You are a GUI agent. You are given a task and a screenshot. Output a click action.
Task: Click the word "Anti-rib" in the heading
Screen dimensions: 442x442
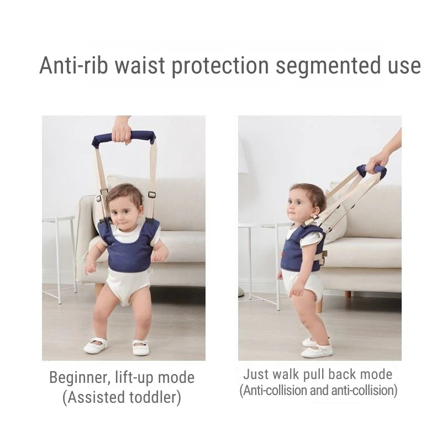tap(73, 66)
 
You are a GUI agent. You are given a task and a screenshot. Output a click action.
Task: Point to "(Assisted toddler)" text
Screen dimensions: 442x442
tap(122, 397)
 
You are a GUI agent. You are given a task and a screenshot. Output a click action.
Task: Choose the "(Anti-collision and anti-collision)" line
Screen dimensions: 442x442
tap(318, 391)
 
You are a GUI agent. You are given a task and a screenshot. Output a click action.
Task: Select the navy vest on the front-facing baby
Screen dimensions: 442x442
tap(129, 249)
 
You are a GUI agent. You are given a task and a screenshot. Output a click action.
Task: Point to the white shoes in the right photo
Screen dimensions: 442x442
tap(317, 348)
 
